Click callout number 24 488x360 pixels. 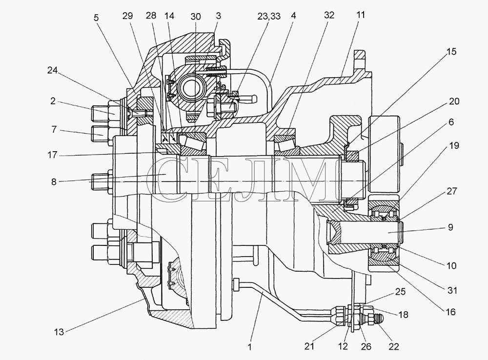52,71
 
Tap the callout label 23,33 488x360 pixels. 269,16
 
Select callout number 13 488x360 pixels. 59,332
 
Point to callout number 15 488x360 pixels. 451,51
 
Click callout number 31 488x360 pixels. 452,290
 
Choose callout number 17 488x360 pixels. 53,155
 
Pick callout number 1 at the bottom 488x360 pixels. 249,347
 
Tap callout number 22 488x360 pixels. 394,346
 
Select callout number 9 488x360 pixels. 450,227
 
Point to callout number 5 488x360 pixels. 96,18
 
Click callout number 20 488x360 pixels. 454,101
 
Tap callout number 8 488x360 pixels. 54,182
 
